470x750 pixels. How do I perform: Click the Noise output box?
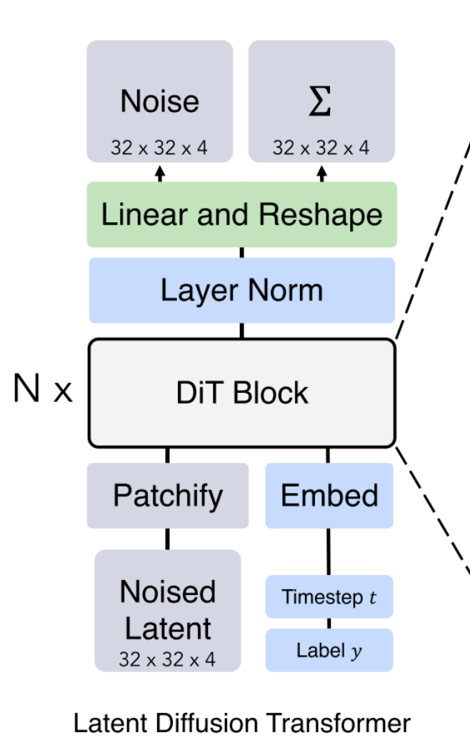pyautogui.click(x=159, y=101)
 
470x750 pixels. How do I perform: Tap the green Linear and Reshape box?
pyautogui.click(x=241, y=215)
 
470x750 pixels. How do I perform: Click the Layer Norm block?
pyautogui.click(x=241, y=291)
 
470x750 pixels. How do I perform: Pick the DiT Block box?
pyautogui.click(x=241, y=394)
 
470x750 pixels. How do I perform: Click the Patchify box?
pyautogui.click(x=168, y=496)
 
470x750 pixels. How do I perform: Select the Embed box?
pyautogui.click(x=329, y=496)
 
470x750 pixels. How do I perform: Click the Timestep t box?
pyautogui.click(x=329, y=596)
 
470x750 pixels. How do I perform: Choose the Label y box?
pyautogui.click(x=329, y=650)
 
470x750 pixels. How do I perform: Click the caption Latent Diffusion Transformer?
pyautogui.click(x=242, y=724)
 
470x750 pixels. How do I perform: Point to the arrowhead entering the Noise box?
pyautogui.click(x=160, y=171)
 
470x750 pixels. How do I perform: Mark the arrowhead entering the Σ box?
pyautogui.click(x=322, y=171)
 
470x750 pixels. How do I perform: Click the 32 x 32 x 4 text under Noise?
pyautogui.click(x=160, y=148)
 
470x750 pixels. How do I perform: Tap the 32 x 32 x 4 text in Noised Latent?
pyautogui.click(x=168, y=659)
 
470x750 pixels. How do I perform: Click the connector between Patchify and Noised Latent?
pyautogui.click(x=168, y=539)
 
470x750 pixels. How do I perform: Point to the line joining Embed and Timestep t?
pyautogui.click(x=329, y=551)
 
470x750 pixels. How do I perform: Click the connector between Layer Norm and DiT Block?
pyautogui.click(x=241, y=331)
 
